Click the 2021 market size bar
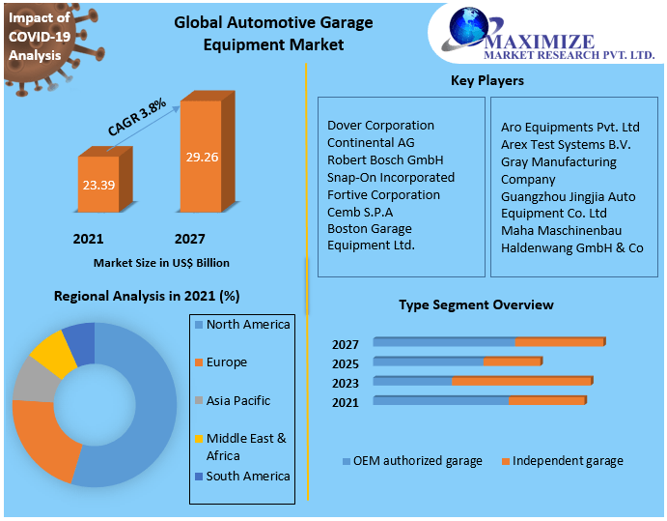tap(98, 184)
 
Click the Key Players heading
tap(486, 80)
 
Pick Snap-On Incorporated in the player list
tap(390, 177)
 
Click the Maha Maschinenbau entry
tap(561, 230)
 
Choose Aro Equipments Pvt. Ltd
tap(570, 127)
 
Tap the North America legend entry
tap(247, 325)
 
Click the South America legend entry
tap(247, 476)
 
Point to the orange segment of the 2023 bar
tap(521, 381)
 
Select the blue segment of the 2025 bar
tap(429, 362)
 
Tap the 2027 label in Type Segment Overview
tap(345, 345)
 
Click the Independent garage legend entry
tap(567, 461)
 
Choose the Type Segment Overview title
tap(476, 304)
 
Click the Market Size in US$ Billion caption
tap(161, 262)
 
